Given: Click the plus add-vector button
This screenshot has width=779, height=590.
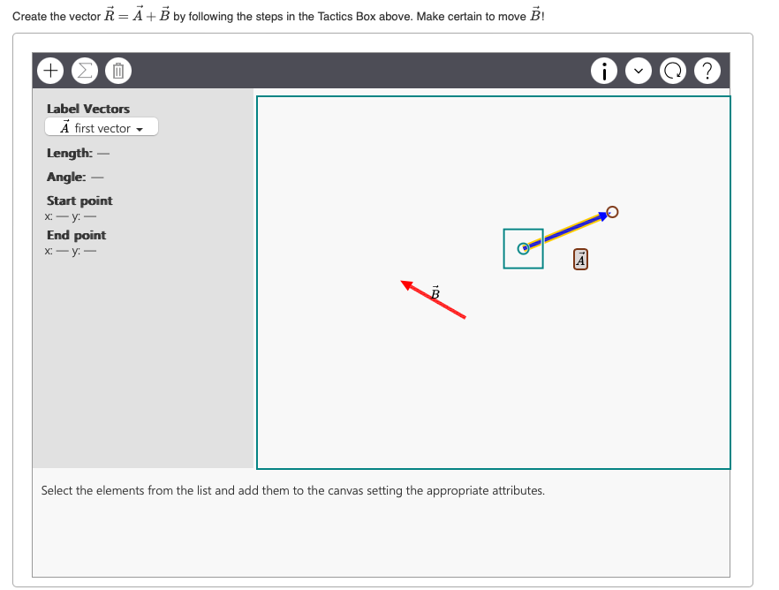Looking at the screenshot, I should tap(50, 70).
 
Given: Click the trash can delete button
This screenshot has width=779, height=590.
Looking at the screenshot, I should tap(119, 70).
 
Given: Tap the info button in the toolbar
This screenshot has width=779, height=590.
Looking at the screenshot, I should tap(605, 70).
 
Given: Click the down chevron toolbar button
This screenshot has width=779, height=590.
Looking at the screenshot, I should tap(639, 70).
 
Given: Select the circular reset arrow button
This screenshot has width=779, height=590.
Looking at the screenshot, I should tap(674, 70).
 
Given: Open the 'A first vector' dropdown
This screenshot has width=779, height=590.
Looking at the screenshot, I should tap(102, 128).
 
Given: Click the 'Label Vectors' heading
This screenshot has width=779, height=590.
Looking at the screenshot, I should tap(88, 109).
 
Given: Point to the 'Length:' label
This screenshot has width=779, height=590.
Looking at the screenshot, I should tap(70, 153).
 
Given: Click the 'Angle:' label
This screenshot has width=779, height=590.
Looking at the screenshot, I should tap(67, 177).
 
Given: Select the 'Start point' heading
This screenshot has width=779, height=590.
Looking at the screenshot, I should tap(79, 200).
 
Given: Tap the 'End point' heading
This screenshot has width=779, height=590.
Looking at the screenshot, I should tap(76, 235).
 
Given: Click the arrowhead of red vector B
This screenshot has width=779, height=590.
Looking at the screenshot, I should tap(406, 284).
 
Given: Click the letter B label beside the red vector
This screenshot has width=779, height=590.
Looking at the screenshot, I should tap(435, 291).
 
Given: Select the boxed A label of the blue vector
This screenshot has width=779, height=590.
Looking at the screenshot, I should tap(580, 260).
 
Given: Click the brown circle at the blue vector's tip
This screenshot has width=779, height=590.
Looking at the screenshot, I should tap(613, 211).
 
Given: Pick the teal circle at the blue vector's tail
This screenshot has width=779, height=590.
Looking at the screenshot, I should tap(523, 248).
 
